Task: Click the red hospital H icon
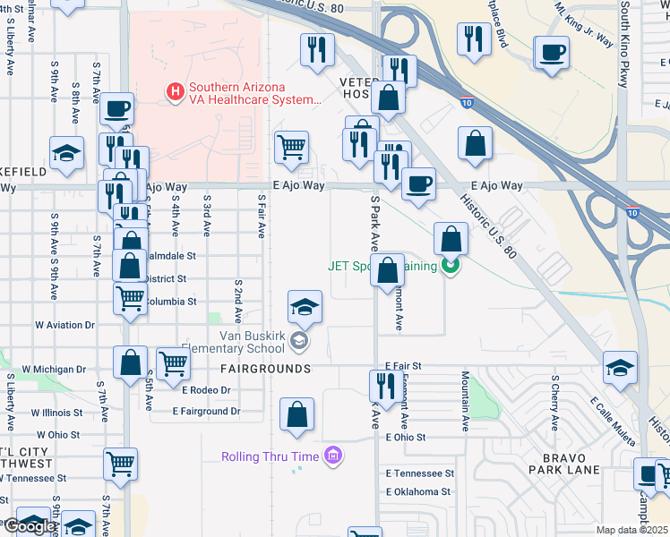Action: click(x=175, y=91)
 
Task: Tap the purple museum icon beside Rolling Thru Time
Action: click(x=333, y=456)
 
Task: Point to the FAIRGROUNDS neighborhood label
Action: click(x=265, y=369)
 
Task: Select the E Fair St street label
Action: click(x=403, y=366)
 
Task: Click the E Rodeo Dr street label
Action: click(x=206, y=390)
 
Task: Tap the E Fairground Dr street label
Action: click(x=207, y=412)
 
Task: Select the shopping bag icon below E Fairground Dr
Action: click(x=296, y=415)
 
